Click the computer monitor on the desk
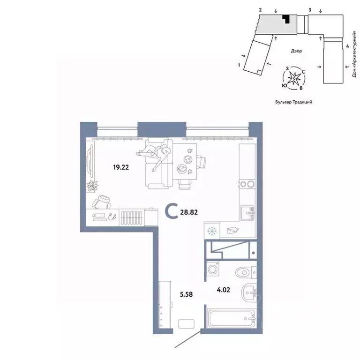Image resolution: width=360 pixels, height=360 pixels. [99, 216]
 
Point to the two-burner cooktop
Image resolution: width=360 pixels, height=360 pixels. [247, 184]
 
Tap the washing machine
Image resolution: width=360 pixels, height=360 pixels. [214, 270]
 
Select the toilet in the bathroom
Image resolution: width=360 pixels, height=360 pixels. [245, 271]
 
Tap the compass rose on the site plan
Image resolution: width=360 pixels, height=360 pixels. [293, 78]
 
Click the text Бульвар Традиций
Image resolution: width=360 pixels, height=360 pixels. [293, 101]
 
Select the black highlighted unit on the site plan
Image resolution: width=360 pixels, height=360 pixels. [286, 19]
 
